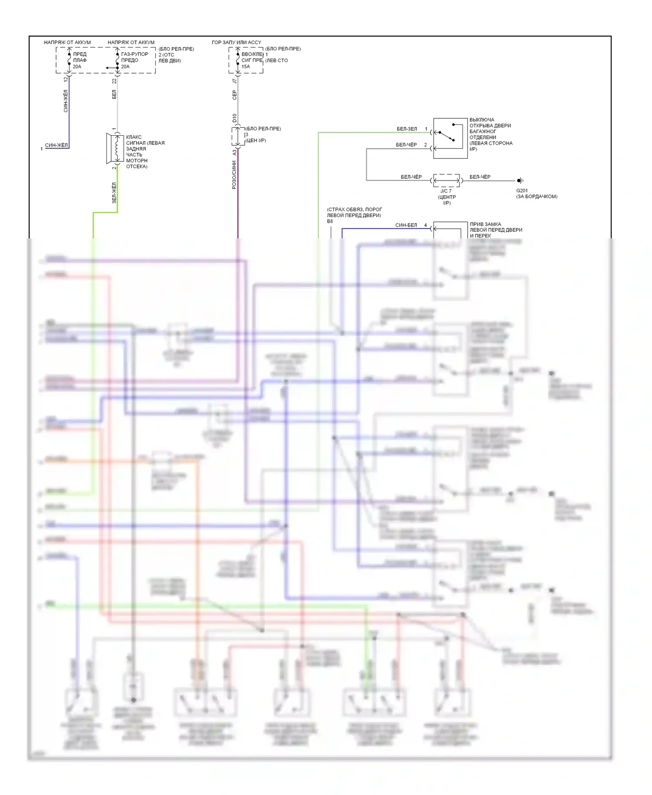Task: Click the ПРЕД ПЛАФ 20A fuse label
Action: (x=80, y=60)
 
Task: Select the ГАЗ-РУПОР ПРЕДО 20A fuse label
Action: (x=134, y=60)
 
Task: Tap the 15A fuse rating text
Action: (x=246, y=67)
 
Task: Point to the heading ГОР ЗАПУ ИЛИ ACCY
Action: (x=236, y=42)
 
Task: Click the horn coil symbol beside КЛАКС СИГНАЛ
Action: (x=116, y=148)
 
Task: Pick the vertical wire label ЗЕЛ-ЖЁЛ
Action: (x=114, y=193)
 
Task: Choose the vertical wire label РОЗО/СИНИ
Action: (x=234, y=174)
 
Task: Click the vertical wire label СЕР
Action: (x=234, y=95)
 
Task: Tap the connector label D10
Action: (x=234, y=118)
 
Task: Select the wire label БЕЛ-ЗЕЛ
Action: (x=406, y=129)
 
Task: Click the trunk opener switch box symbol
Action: (x=450, y=138)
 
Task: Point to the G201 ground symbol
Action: (x=519, y=180)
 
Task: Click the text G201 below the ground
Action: (x=522, y=190)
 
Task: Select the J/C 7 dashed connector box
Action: (x=446, y=180)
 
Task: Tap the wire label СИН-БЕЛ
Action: (x=406, y=225)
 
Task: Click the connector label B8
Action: (x=330, y=221)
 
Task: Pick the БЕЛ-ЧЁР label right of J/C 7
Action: (x=480, y=177)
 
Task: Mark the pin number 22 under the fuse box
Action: (x=114, y=80)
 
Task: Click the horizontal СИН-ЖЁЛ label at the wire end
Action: (x=57, y=145)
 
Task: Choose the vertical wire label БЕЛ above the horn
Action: (x=114, y=94)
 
